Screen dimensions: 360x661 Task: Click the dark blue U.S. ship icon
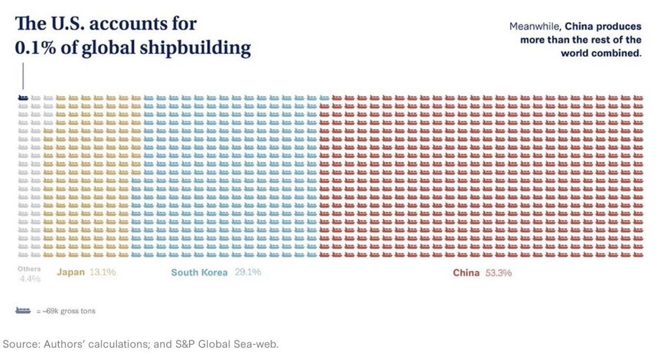pyautogui.click(x=23, y=97)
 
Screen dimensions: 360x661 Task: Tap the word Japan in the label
pyautogui.click(x=71, y=272)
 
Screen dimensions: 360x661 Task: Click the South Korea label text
pyautogui.click(x=199, y=272)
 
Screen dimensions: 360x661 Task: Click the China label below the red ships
pyautogui.click(x=467, y=272)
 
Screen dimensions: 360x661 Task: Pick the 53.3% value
pyautogui.click(x=499, y=272)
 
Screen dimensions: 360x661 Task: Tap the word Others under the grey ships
pyautogui.click(x=29, y=269)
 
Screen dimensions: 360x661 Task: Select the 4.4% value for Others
pyautogui.click(x=30, y=279)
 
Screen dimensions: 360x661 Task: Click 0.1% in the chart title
pyautogui.click(x=37, y=48)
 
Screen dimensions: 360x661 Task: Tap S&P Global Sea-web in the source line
pyautogui.click(x=233, y=345)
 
